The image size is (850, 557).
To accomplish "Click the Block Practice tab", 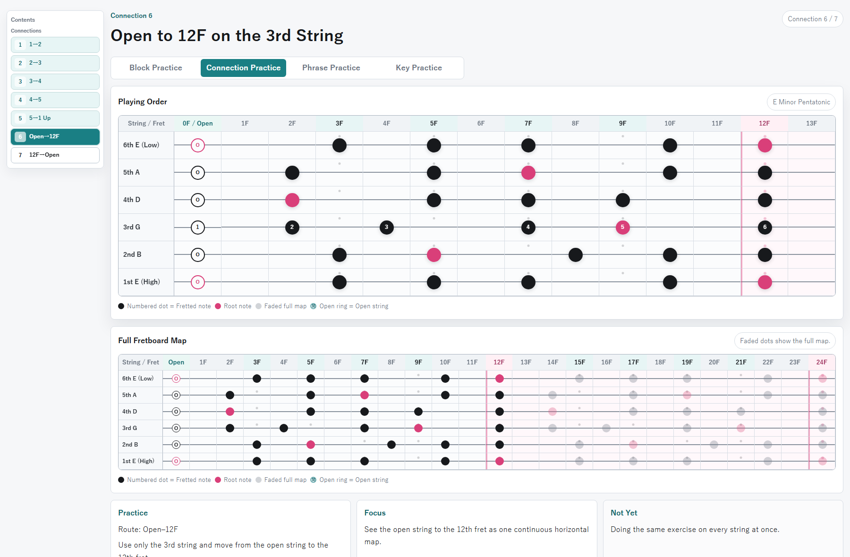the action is pyautogui.click(x=156, y=68).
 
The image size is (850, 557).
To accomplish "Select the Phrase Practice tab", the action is pyautogui.click(x=331, y=68).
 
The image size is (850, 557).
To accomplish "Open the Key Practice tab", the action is pyautogui.click(x=419, y=68).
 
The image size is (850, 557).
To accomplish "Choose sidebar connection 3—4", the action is pyautogui.click(x=55, y=81).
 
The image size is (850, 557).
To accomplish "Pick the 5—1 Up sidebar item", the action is pyautogui.click(x=55, y=118).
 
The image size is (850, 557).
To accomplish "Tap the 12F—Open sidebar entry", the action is pyautogui.click(x=55, y=155).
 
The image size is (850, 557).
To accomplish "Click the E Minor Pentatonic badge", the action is pyautogui.click(x=801, y=102).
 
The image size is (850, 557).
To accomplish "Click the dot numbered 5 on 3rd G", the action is pyautogui.click(x=623, y=228).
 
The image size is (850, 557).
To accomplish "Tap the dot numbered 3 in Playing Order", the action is pyautogui.click(x=387, y=228).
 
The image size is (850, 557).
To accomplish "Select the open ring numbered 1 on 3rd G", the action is pyautogui.click(x=198, y=228).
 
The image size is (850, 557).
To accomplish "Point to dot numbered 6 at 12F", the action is pyautogui.click(x=765, y=228).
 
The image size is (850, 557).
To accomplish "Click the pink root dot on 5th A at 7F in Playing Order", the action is pyautogui.click(x=528, y=173).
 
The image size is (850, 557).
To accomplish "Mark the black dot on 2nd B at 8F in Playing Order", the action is pyautogui.click(x=576, y=255).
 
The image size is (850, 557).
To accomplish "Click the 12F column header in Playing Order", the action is pyautogui.click(x=765, y=124).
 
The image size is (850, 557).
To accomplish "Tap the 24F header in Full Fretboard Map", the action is pyautogui.click(x=822, y=363).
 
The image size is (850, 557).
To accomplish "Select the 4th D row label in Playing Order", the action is pyautogui.click(x=132, y=200).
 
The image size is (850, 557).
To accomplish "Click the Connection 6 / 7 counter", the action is pyautogui.click(x=813, y=19).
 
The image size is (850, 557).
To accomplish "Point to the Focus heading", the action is pyautogui.click(x=375, y=513).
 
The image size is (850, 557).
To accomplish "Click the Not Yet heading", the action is pyautogui.click(x=624, y=513).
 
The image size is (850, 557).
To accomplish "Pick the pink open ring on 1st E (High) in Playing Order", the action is pyautogui.click(x=198, y=282).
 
